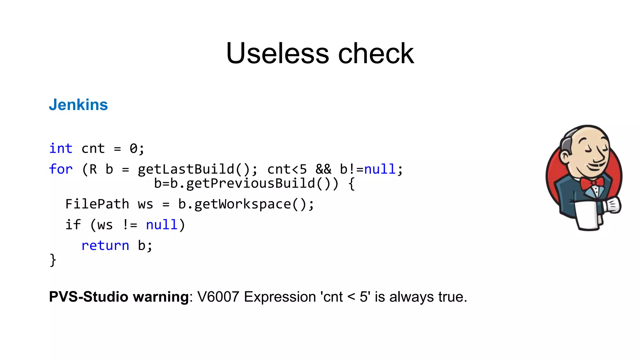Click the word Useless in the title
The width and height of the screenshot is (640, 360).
coord(277,53)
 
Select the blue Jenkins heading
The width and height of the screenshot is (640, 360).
coord(78,105)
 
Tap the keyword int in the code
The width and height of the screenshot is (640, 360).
coord(61,148)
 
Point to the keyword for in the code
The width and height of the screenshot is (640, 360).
coord(61,169)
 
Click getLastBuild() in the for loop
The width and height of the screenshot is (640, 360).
coord(194,169)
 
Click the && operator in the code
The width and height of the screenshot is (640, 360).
coord(323,169)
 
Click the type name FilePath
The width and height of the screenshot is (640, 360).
coord(97,204)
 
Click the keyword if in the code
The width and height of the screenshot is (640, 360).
coord(73,225)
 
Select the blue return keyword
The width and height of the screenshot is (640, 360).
coord(105,246)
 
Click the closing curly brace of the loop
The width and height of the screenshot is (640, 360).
coord(53,260)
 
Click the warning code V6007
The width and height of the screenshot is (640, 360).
coord(218,297)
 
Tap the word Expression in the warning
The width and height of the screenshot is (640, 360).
coord(280,297)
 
